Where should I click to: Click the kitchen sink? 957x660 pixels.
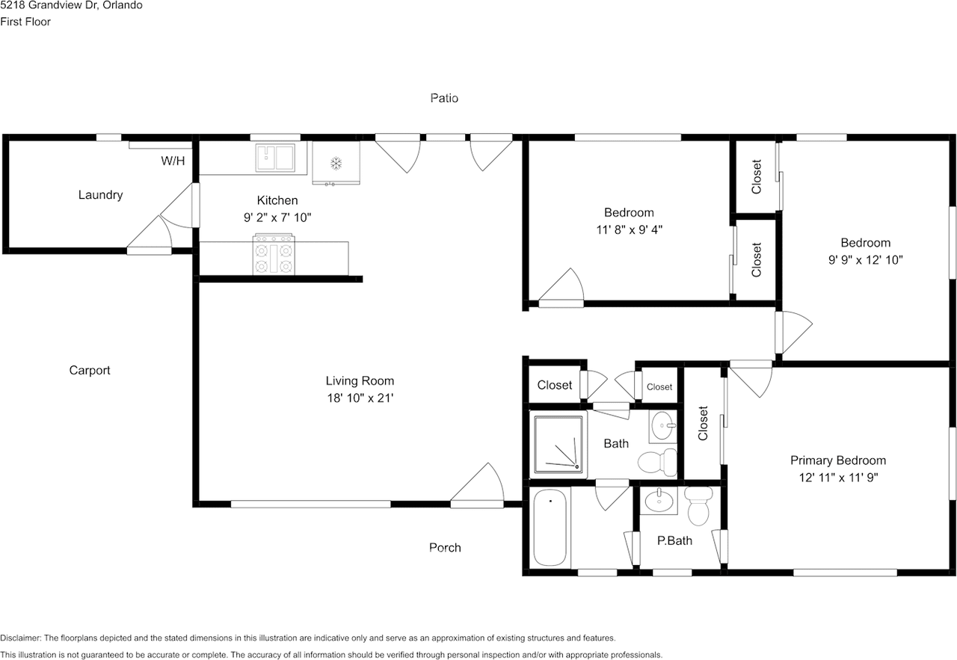pos(275,158)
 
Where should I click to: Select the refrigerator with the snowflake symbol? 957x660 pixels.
pos(336,163)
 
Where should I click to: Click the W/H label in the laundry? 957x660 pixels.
pos(173,161)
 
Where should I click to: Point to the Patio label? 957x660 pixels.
pos(444,98)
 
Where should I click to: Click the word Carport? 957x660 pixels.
pos(90,370)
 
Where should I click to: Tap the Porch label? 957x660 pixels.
pos(445,547)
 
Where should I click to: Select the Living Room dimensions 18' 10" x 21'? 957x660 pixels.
pos(360,398)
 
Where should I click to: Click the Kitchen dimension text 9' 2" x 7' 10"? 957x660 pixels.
pos(277,218)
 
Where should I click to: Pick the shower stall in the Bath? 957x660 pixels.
pos(558,444)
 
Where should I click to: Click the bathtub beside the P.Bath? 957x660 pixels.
pos(550,527)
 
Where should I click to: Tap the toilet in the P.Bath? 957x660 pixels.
pos(698,506)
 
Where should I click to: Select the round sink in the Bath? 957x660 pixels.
pos(663,425)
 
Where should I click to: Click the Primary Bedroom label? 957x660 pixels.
pos(838,460)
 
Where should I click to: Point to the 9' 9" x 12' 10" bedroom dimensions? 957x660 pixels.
pos(866,259)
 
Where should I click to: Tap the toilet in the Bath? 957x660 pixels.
pos(657,462)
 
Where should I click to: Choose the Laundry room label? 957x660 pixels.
pos(100,195)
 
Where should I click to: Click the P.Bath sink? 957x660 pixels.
pos(659,501)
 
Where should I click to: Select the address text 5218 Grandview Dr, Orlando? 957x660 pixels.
pos(71,5)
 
